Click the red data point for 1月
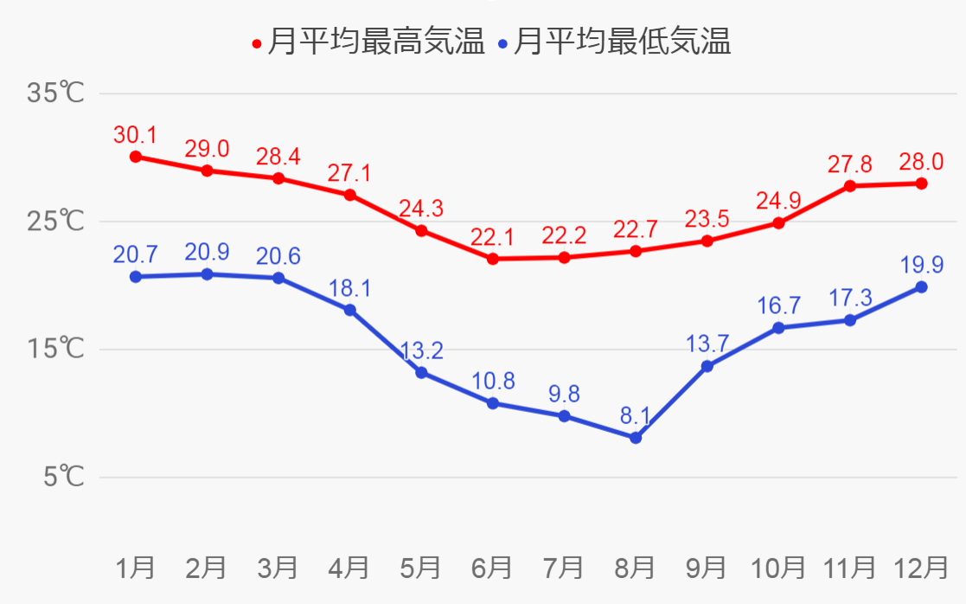[136, 157]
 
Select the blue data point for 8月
[636, 438]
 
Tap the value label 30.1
[135, 135]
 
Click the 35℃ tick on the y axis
[55, 93]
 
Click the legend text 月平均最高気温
[376, 42]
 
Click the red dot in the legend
[257, 43]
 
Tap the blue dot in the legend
[503, 43]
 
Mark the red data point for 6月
[493, 259]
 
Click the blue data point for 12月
[921, 287]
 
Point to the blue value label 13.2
[422, 351]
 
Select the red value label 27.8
[850, 164]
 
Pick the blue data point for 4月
[350, 310]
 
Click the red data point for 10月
[778, 223]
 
